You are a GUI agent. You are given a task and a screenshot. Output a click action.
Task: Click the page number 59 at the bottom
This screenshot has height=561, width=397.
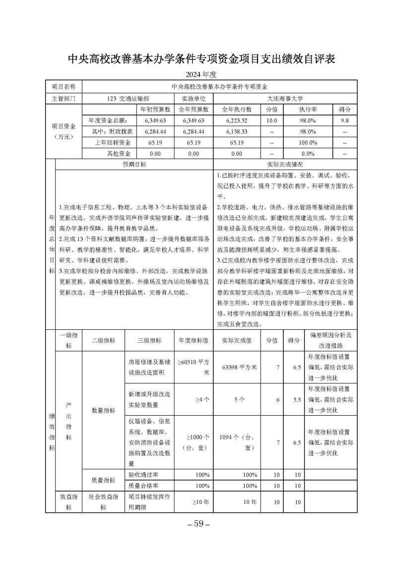click(x=198, y=524)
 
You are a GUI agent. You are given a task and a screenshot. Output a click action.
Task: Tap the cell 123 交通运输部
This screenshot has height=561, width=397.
click(x=128, y=98)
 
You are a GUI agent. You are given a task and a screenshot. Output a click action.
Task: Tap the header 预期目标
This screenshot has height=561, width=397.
click(x=134, y=164)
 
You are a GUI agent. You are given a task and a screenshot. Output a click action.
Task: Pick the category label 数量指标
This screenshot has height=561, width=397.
click(x=103, y=410)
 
